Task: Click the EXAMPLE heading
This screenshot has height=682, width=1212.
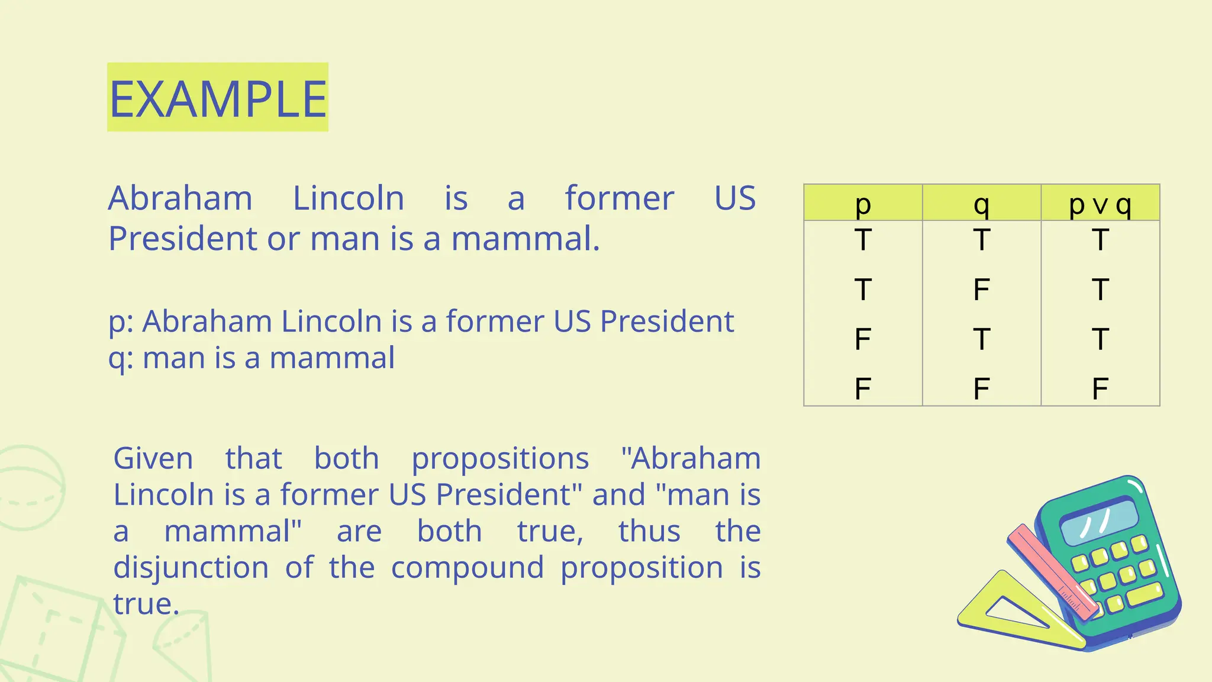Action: click(x=218, y=98)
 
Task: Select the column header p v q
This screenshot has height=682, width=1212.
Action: click(x=1100, y=204)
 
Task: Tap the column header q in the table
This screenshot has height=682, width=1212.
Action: click(x=981, y=204)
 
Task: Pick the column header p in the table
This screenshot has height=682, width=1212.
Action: click(x=863, y=204)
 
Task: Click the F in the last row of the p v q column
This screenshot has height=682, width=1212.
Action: click(x=1100, y=389)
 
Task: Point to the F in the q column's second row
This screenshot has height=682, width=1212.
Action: click(x=981, y=289)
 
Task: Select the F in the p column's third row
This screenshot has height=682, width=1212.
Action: click(x=863, y=339)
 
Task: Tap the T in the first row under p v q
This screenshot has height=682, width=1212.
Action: click(x=1100, y=240)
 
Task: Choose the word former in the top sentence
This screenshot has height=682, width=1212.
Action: click(x=619, y=198)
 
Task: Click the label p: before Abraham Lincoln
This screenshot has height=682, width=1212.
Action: click(x=122, y=322)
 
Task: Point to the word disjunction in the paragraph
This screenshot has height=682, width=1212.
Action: click(x=191, y=567)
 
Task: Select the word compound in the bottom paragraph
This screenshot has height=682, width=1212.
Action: click(x=468, y=567)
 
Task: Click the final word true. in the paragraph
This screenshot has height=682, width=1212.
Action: click(x=146, y=604)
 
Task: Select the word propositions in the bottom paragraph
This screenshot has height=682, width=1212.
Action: click(x=500, y=458)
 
